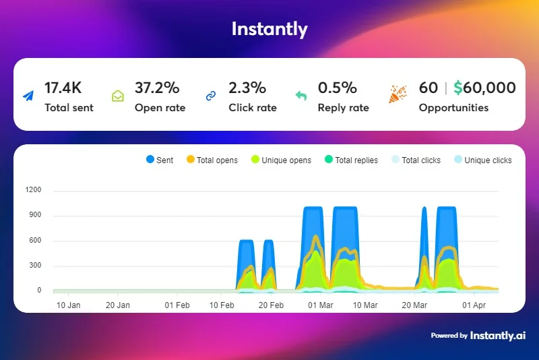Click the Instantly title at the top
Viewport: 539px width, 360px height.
269,29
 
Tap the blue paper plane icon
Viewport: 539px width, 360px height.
28,96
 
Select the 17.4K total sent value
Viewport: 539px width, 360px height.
63,88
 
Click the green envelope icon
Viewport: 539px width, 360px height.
118,96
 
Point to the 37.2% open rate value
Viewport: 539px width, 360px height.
157,88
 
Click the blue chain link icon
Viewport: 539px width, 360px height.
211,96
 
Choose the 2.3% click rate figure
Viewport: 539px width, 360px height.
247,88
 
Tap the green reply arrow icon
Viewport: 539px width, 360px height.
301,96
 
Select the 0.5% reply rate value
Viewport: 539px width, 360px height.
338,88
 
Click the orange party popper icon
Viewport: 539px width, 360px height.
398,94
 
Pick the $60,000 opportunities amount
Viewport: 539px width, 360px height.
484,88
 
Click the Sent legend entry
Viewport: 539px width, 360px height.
160,160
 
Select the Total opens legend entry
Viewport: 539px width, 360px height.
212,160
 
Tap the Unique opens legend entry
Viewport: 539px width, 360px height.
281,160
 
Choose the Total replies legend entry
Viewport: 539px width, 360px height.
351,160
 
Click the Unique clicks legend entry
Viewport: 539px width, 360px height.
483,160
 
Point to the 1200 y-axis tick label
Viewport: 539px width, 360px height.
33,190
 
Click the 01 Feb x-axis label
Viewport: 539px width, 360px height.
177,305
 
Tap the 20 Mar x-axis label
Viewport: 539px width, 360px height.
414,305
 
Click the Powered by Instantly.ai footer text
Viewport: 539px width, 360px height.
478,335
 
